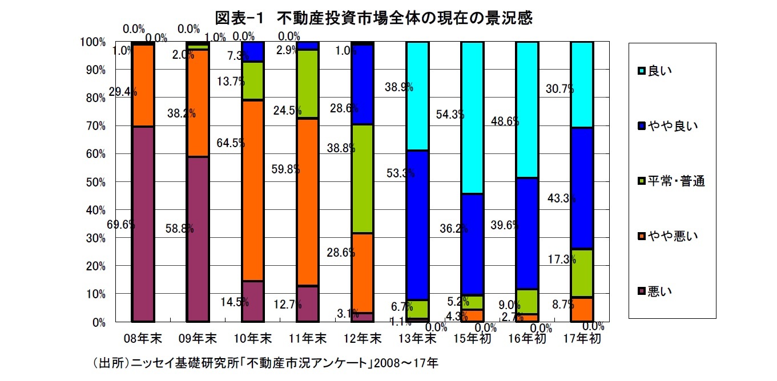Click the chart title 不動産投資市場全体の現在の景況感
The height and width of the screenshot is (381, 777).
pos(374,18)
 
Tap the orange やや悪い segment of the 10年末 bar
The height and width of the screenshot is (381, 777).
pos(253,190)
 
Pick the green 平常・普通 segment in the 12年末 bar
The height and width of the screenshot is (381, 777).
pos(363,179)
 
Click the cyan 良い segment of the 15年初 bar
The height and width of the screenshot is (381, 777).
pos(472,117)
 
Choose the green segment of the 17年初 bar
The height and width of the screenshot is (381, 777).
pos(582,273)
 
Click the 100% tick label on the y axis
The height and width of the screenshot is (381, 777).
pos(93,42)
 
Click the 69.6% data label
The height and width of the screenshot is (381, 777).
pos(120,225)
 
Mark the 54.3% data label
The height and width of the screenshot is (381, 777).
pos(450,115)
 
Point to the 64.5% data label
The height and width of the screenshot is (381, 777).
pos(231,143)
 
